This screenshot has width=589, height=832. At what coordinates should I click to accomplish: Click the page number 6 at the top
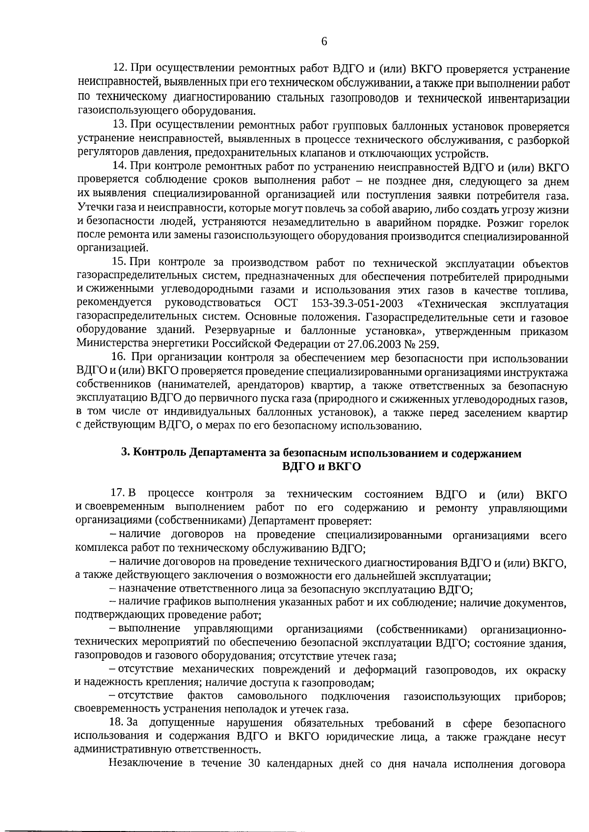point(324,42)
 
